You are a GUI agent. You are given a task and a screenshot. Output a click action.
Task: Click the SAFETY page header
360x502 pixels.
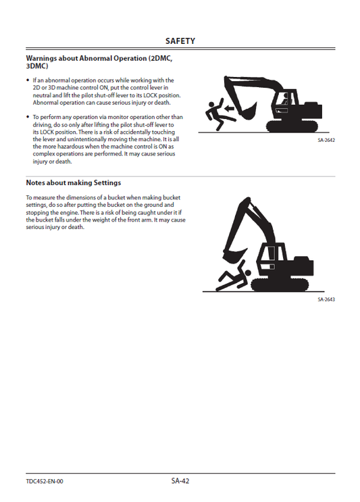coord(180,41)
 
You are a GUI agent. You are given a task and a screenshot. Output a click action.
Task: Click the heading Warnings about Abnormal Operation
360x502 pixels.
coord(99,59)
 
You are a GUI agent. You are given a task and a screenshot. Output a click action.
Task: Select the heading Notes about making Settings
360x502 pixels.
coord(73,182)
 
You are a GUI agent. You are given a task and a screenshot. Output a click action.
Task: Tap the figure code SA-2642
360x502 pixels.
coord(326,141)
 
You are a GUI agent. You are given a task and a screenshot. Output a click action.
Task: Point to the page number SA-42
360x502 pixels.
coord(180,480)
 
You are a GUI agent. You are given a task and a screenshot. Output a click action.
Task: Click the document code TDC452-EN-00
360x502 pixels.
coord(45,481)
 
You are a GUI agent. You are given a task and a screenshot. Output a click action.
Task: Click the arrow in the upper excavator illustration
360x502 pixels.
coord(230,106)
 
